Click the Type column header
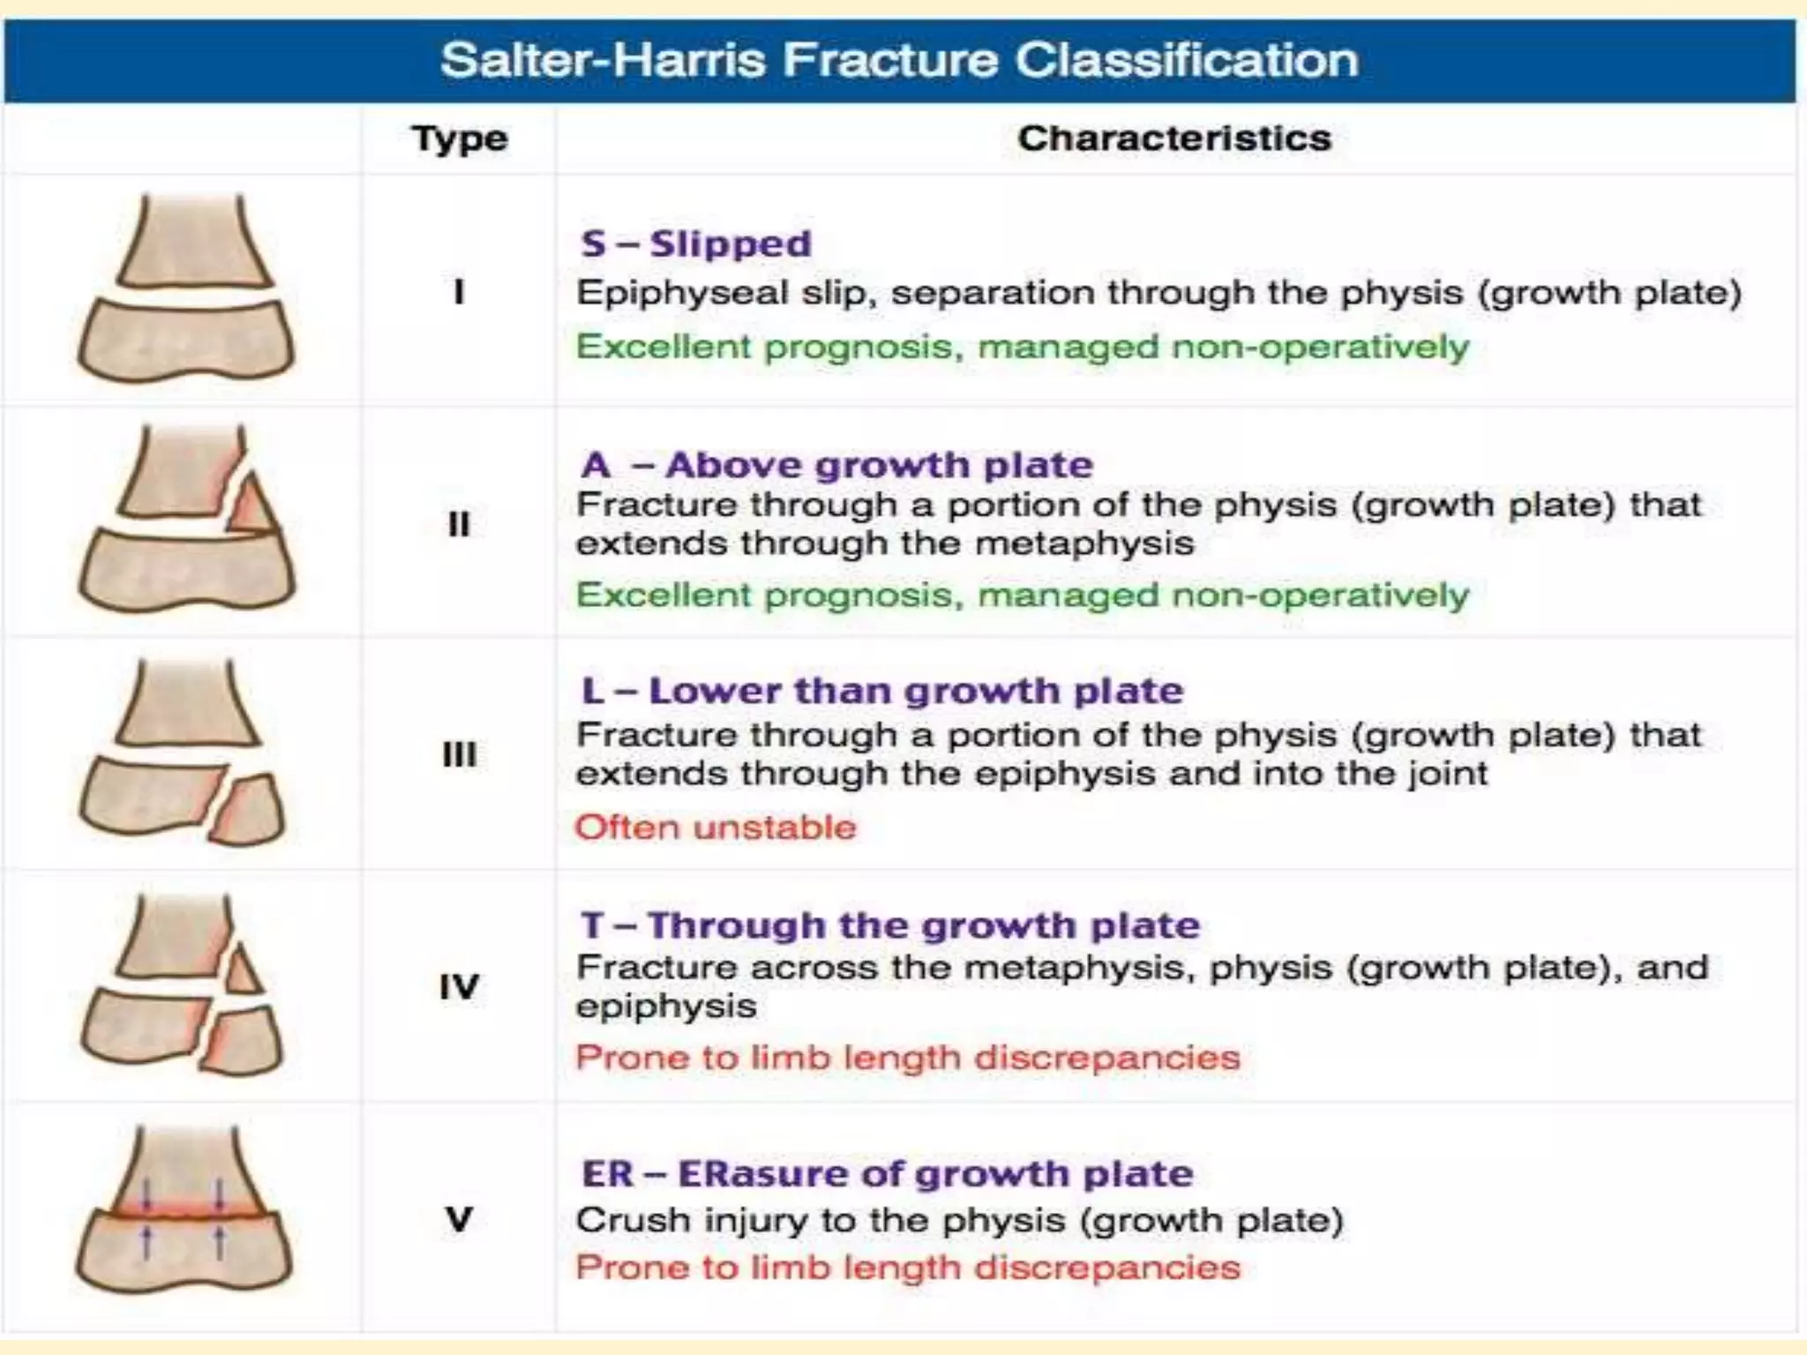click(x=460, y=138)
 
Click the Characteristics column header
click(x=1174, y=138)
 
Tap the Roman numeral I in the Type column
click(x=458, y=292)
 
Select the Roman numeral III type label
click(x=459, y=754)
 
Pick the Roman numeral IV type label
click(x=459, y=986)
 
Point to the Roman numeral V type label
click(x=459, y=1220)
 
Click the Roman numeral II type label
click(x=459, y=525)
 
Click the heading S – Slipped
click(x=695, y=244)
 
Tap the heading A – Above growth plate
click(x=836, y=465)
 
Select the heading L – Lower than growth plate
click(x=881, y=691)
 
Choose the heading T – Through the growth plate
click(x=889, y=925)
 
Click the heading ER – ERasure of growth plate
click(x=887, y=1174)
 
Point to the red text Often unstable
click(x=715, y=827)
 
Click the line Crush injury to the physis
click(x=959, y=1221)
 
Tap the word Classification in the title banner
click(x=1186, y=61)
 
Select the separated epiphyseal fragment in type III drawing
click(x=249, y=811)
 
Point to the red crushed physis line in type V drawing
click(x=185, y=1212)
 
